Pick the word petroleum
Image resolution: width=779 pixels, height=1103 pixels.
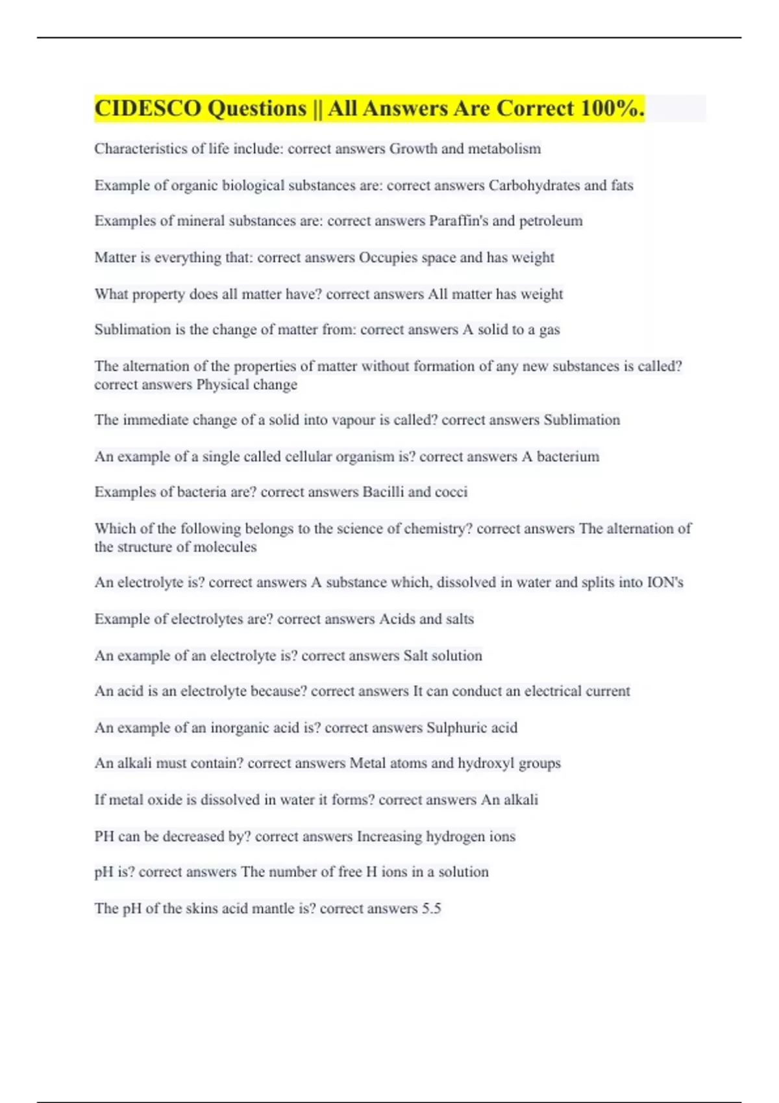tap(550, 221)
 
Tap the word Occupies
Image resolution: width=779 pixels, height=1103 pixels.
tap(388, 258)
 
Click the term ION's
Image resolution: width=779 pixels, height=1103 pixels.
tap(665, 582)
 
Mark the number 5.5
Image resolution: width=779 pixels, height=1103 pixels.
tap(431, 908)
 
